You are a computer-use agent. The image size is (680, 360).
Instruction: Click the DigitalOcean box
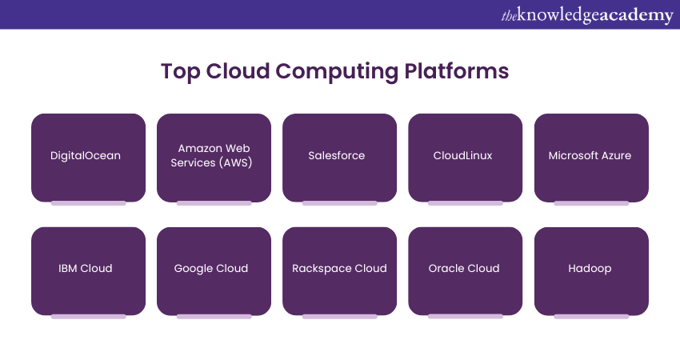tap(88, 157)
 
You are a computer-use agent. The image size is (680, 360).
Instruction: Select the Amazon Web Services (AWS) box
tap(214, 157)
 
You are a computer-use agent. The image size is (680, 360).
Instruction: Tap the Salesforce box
tap(339, 157)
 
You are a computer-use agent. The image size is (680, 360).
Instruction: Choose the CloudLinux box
tap(465, 157)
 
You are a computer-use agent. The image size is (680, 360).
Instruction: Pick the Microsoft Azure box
tap(590, 157)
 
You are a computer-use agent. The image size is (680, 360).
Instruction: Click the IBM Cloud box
tap(88, 270)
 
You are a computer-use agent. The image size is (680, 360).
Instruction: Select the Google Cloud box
tap(214, 270)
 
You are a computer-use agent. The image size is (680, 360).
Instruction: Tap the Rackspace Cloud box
tap(339, 270)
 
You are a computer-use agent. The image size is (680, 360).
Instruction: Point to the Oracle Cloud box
tap(465, 270)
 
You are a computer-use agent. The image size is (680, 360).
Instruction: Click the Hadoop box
tap(590, 270)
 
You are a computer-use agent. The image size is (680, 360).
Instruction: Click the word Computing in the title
tap(335, 71)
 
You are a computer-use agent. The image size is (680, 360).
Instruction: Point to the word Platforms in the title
tap(455, 70)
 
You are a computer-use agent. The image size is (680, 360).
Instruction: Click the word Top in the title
tap(180, 71)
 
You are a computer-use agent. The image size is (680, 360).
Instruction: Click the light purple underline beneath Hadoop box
tap(590, 317)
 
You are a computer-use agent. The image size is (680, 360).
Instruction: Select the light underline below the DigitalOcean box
tap(88, 203)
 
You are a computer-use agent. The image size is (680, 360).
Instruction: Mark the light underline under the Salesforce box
tap(339, 203)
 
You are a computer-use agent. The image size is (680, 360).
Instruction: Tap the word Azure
tap(614, 156)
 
